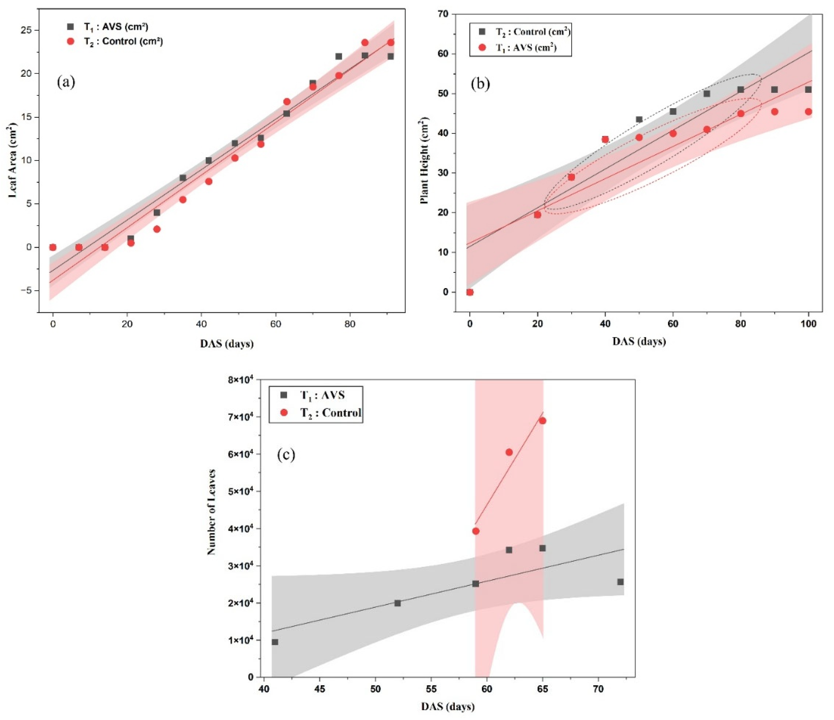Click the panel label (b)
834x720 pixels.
(480, 84)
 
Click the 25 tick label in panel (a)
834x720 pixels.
(31, 30)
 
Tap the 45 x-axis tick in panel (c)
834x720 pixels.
(320, 689)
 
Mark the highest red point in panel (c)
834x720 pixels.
(542, 421)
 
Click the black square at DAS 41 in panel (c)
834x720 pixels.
(275, 642)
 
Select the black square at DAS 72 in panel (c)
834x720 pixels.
(620, 582)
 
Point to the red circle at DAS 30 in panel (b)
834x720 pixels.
(571, 177)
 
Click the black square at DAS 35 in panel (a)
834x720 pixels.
(183, 178)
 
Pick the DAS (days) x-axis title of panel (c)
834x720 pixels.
(448, 706)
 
